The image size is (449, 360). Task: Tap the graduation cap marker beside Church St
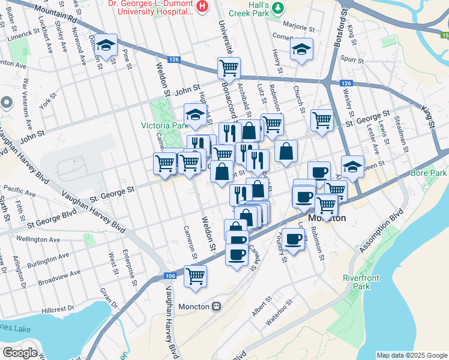click(x=301, y=50)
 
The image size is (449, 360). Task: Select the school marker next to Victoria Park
click(x=195, y=116)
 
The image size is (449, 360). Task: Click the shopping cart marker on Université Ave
click(x=229, y=69)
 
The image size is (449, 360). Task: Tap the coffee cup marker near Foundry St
click(x=293, y=240)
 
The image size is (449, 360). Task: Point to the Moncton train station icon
click(x=216, y=306)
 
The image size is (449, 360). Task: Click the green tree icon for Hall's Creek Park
click(x=277, y=7)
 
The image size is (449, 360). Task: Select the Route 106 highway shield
click(x=170, y=275)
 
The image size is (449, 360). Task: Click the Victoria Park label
click(x=164, y=126)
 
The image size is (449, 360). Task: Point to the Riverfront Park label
click(x=359, y=282)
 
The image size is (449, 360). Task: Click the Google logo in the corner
click(x=20, y=352)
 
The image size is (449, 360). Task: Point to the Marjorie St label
click(x=298, y=27)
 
